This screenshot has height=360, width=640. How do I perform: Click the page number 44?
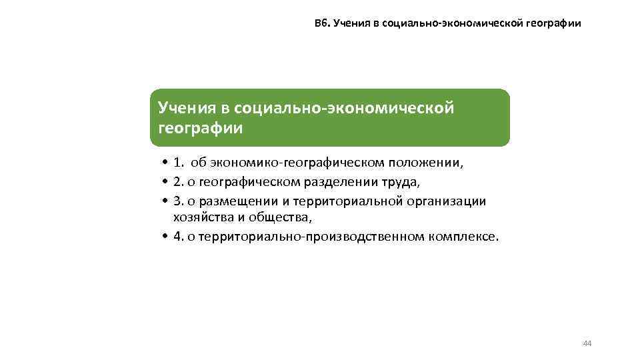587,343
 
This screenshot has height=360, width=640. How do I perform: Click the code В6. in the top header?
323,23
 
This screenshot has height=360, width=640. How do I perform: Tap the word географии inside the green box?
200,128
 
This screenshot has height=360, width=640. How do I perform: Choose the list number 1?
179,162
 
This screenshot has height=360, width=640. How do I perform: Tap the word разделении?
335,182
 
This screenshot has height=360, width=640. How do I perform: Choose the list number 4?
178,237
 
